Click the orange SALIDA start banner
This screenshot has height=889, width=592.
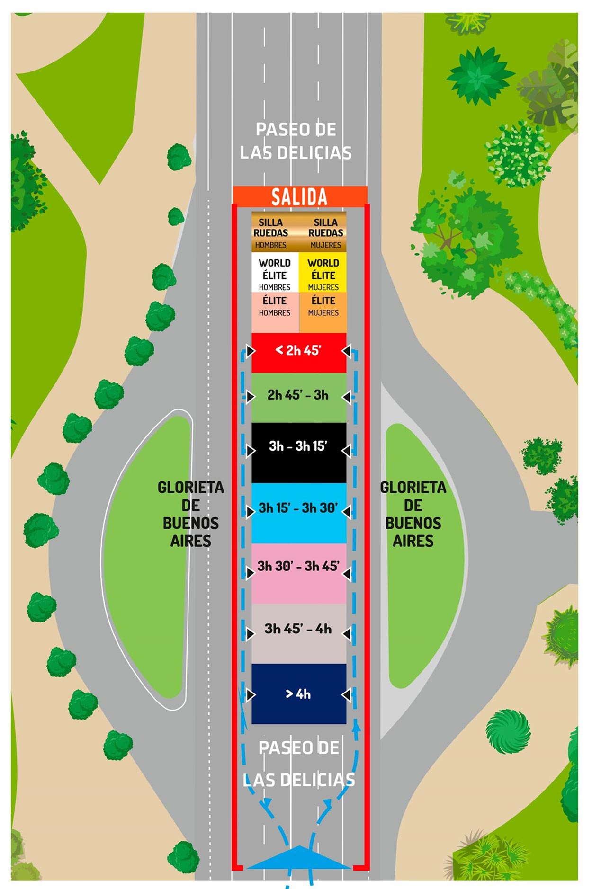[x=299, y=196]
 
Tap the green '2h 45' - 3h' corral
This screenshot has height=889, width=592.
[x=299, y=397]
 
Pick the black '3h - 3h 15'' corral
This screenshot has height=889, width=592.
[x=299, y=452]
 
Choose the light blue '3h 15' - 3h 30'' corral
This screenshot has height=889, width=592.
[x=299, y=512]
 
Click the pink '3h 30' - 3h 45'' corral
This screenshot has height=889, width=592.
[x=299, y=573]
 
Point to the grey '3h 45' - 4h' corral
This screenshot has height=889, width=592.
[x=299, y=633]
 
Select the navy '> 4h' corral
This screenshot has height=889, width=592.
[x=299, y=693]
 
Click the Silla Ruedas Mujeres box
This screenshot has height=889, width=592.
[x=324, y=232]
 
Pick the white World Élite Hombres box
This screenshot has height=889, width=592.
[x=275, y=274]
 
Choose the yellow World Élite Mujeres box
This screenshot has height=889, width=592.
[x=323, y=274]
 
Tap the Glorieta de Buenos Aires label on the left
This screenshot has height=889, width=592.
[x=190, y=514]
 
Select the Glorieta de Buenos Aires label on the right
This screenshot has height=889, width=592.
[x=413, y=514]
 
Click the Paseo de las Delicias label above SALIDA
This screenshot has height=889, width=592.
[x=296, y=141]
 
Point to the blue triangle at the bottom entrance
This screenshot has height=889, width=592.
[x=299, y=859]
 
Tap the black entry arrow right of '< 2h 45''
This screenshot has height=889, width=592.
[x=347, y=351]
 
